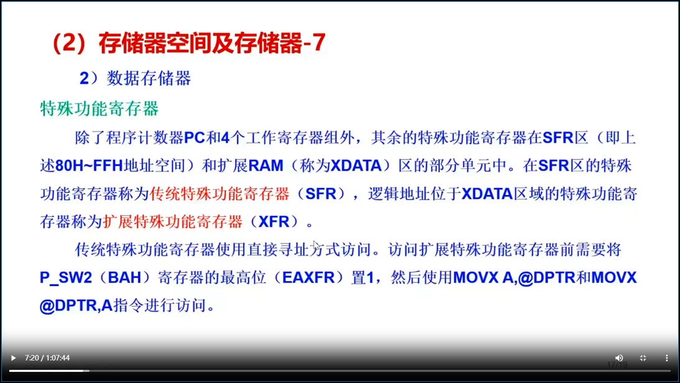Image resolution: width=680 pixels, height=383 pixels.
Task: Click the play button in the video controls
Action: coord(14,358)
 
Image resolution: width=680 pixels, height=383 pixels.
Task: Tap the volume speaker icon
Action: coord(619,358)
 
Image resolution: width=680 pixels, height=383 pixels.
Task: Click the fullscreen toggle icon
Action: coord(643,358)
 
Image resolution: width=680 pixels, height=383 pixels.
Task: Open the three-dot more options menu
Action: coord(666,358)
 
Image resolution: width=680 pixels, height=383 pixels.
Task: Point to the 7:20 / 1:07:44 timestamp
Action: coord(47,358)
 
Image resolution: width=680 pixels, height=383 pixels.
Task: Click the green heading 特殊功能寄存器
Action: coord(99,108)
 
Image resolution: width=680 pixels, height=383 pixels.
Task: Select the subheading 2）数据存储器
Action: coord(136,78)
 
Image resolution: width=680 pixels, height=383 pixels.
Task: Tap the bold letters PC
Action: coord(195,138)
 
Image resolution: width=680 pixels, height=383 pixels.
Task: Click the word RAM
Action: coord(266,166)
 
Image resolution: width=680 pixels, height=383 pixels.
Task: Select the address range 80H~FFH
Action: coord(90,166)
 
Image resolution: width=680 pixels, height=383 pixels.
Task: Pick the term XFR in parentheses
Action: coord(273,222)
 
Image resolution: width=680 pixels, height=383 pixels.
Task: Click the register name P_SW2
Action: coord(66,277)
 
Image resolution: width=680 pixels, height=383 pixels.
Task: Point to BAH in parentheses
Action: coord(124,277)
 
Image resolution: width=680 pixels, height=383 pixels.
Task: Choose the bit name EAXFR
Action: coord(308,277)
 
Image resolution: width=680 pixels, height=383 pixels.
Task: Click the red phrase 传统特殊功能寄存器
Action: coord(219,194)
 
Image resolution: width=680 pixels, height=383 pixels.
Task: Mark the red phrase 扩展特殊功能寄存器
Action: coord(173,222)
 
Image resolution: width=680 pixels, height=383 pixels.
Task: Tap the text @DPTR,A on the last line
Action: coord(76,306)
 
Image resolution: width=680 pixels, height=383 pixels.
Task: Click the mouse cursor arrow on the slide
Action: coord(316,245)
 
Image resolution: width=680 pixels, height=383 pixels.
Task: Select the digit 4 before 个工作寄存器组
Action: coord(225,138)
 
